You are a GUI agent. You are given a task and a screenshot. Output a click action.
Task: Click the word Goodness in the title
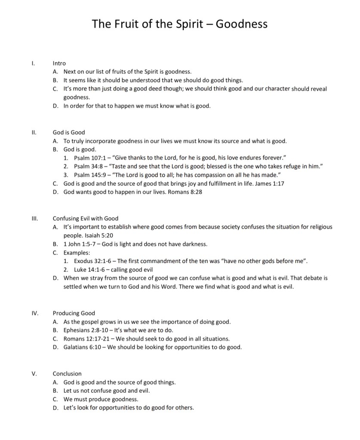point(241,24)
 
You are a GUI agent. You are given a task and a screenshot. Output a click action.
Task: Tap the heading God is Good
point(69,132)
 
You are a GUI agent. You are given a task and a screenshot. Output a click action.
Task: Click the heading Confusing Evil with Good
point(85,218)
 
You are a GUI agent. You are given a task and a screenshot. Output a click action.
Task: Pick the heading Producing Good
point(74,313)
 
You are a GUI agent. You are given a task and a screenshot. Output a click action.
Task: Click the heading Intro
point(59,64)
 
